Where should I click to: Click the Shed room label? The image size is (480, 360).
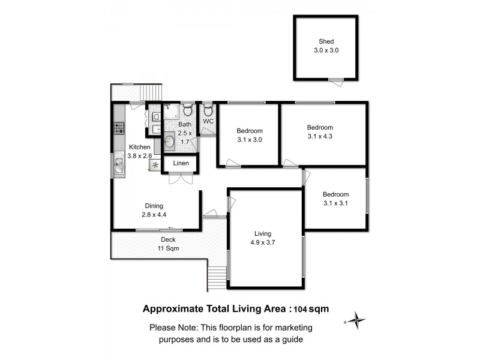coord(326,41)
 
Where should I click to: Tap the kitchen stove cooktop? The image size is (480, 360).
coord(119,127)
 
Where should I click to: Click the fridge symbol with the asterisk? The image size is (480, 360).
coord(155,164)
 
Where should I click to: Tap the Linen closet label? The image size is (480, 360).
coord(181,163)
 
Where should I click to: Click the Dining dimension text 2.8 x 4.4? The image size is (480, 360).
coord(153,214)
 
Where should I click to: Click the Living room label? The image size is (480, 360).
coord(263,233)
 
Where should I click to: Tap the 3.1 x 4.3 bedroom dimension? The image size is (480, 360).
coord(320,136)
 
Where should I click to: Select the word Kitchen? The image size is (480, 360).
coord(140,147)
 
